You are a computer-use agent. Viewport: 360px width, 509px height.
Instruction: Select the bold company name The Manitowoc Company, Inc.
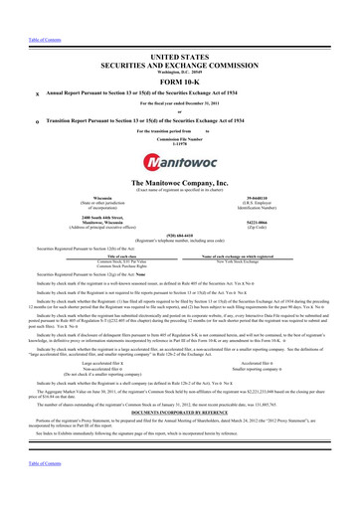tap(180, 186)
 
